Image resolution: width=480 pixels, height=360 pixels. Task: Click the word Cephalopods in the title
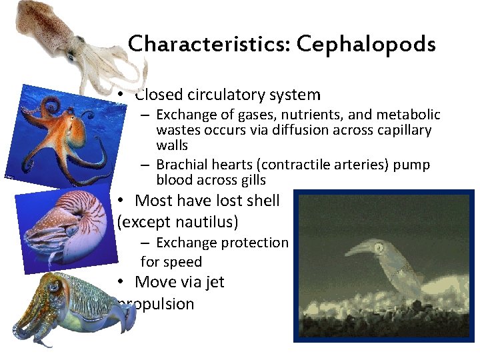[366, 44]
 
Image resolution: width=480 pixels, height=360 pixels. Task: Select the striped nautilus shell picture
[63, 227]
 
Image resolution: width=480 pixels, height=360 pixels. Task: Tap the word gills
[251, 180]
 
